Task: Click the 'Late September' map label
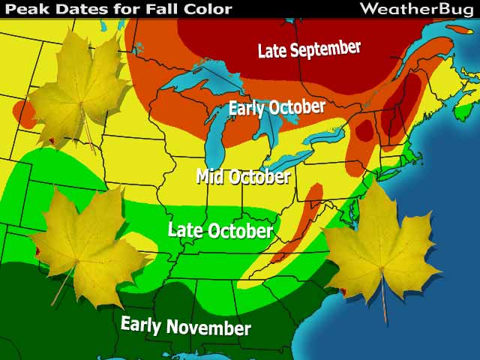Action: tap(309, 49)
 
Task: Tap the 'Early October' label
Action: tap(277, 108)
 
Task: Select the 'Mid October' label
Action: tap(243, 177)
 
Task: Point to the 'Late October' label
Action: tap(220, 229)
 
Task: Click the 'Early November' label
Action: tap(185, 326)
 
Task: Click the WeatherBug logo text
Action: tap(415, 9)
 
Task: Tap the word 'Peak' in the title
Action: tap(22, 9)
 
